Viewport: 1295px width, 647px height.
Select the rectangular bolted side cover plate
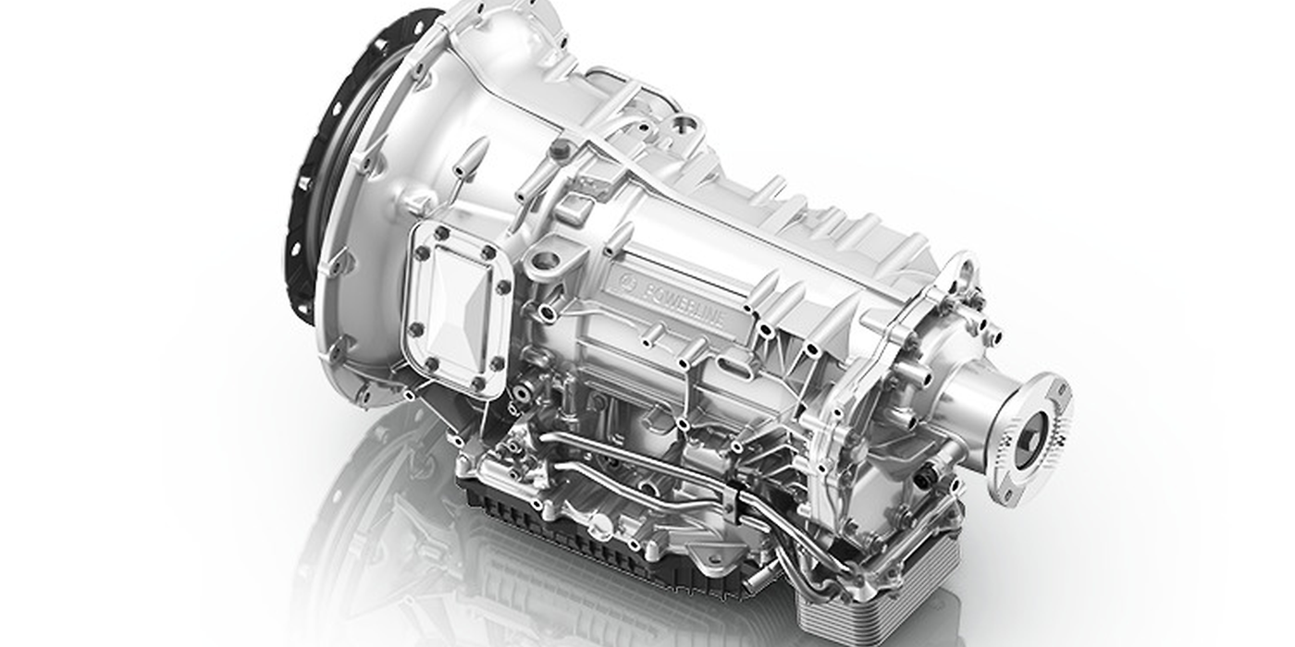point(457,309)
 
